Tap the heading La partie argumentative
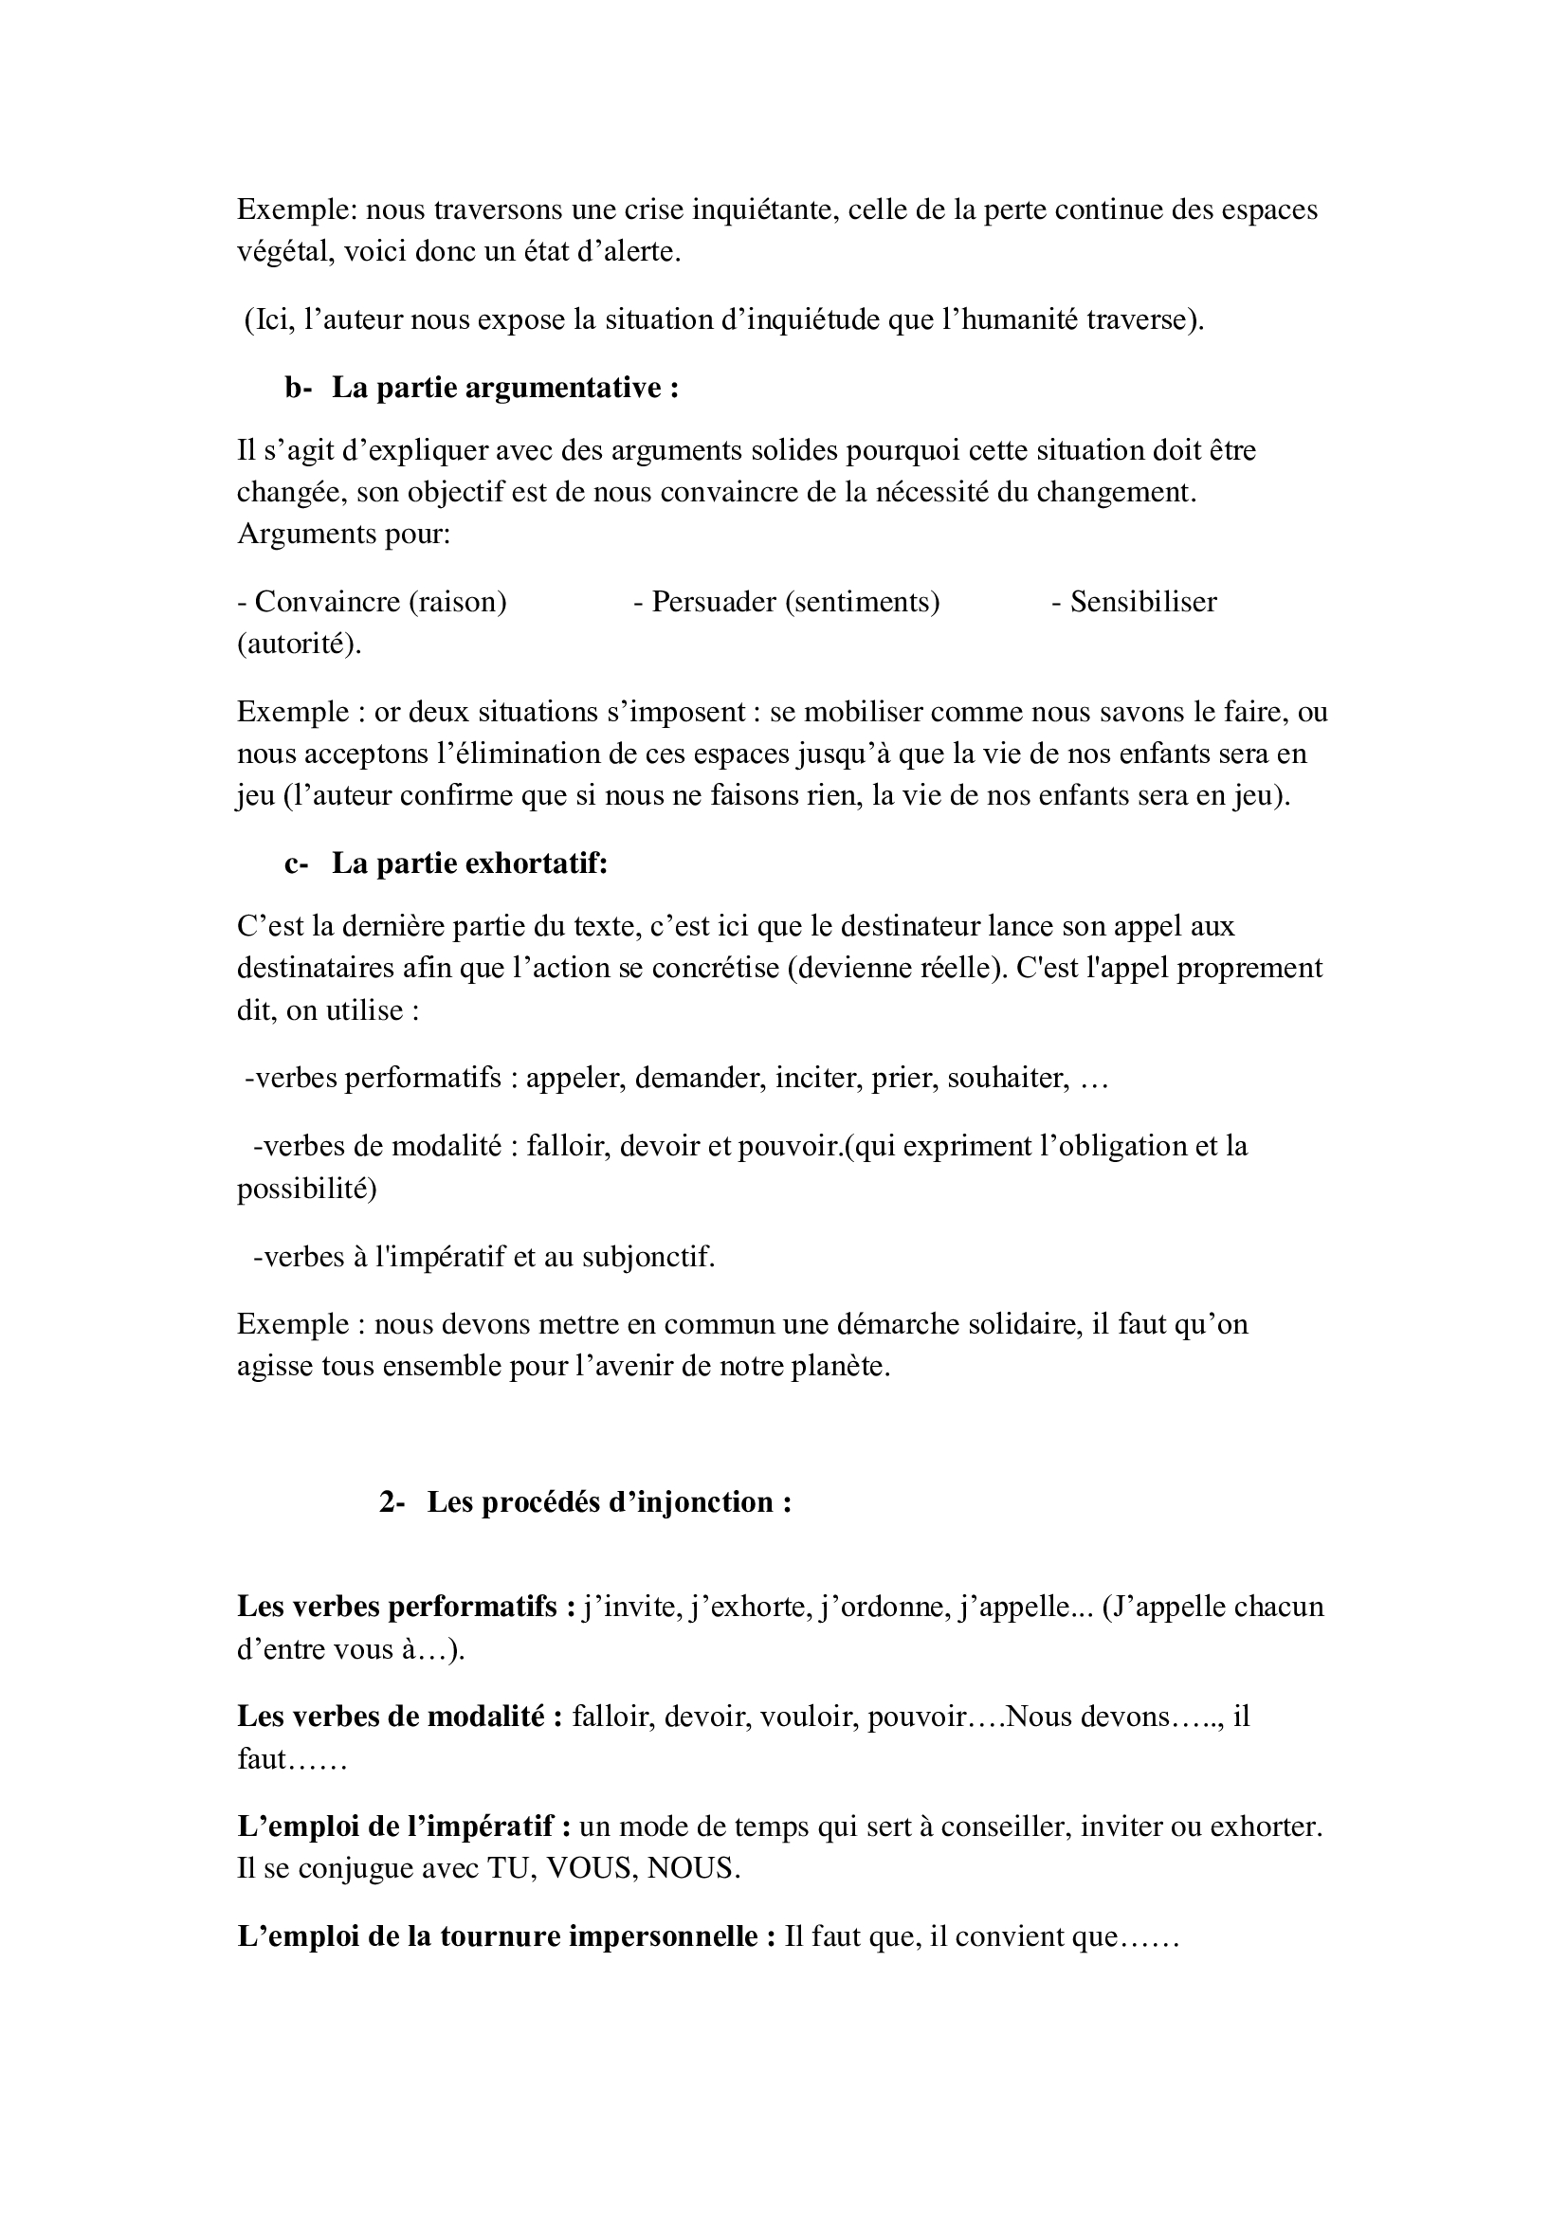(x=505, y=389)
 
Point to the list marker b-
(x=299, y=389)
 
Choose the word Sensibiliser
(x=1143, y=602)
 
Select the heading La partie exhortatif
(x=469, y=863)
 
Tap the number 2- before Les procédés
(x=393, y=1502)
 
